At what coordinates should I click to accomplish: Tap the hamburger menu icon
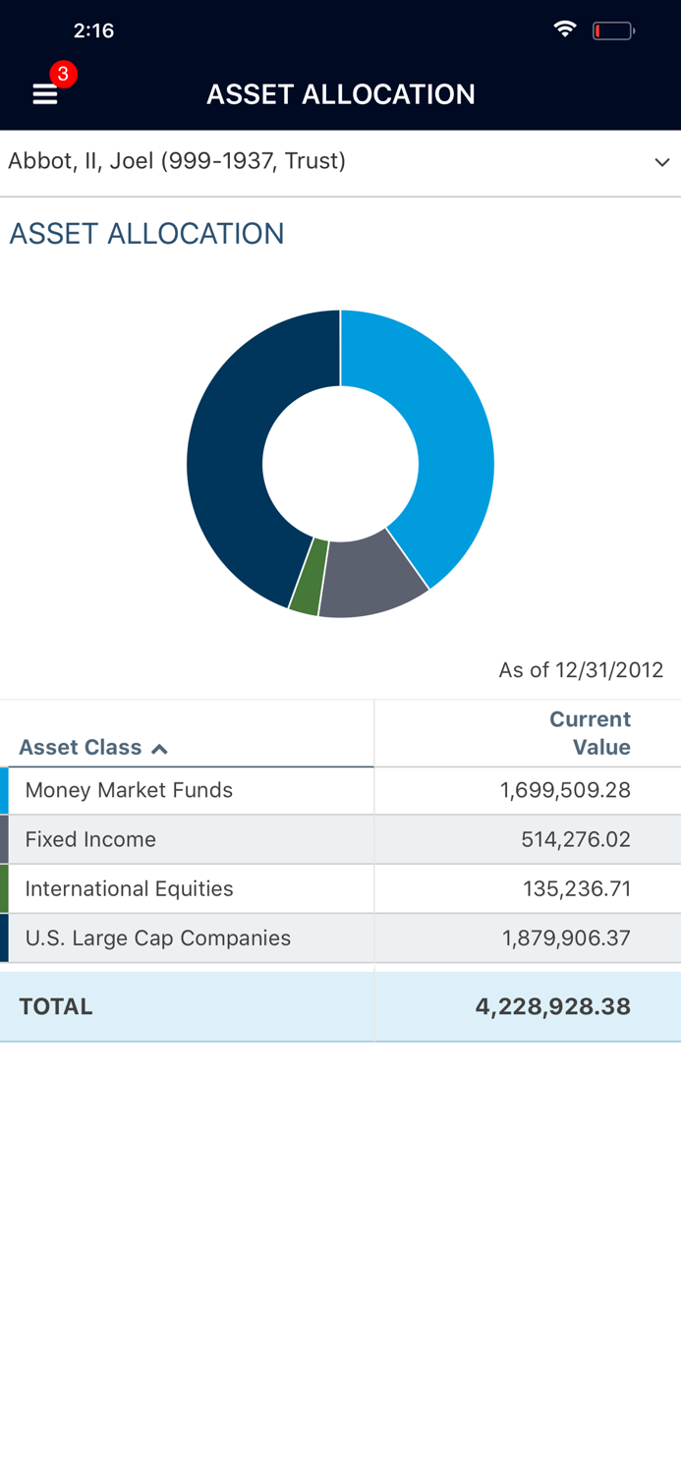[x=44, y=94]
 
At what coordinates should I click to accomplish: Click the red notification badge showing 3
[x=63, y=74]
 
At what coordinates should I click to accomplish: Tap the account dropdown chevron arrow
[x=661, y=162]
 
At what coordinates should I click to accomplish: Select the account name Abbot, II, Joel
[x=177, y=161]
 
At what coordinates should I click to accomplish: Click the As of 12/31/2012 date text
[x=581, y=670]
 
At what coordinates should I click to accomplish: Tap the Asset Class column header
[x=81, y=747]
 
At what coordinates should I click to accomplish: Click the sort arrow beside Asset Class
[x=159, y=749]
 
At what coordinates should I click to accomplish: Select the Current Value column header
[x=590, y=733]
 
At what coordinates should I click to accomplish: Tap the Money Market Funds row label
[x=129, y=790]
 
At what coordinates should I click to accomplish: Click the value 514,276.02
[x=575, y=839]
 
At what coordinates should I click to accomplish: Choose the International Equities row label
[x=129, y=888]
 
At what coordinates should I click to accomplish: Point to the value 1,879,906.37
[x=566, y=937]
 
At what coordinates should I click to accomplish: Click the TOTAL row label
[x=56, y=1006]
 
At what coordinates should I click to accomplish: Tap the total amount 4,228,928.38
[x=552, y=1006]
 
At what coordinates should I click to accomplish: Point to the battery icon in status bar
[x=612, y=31]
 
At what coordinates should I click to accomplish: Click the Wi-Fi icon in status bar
[x=565, y=29]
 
